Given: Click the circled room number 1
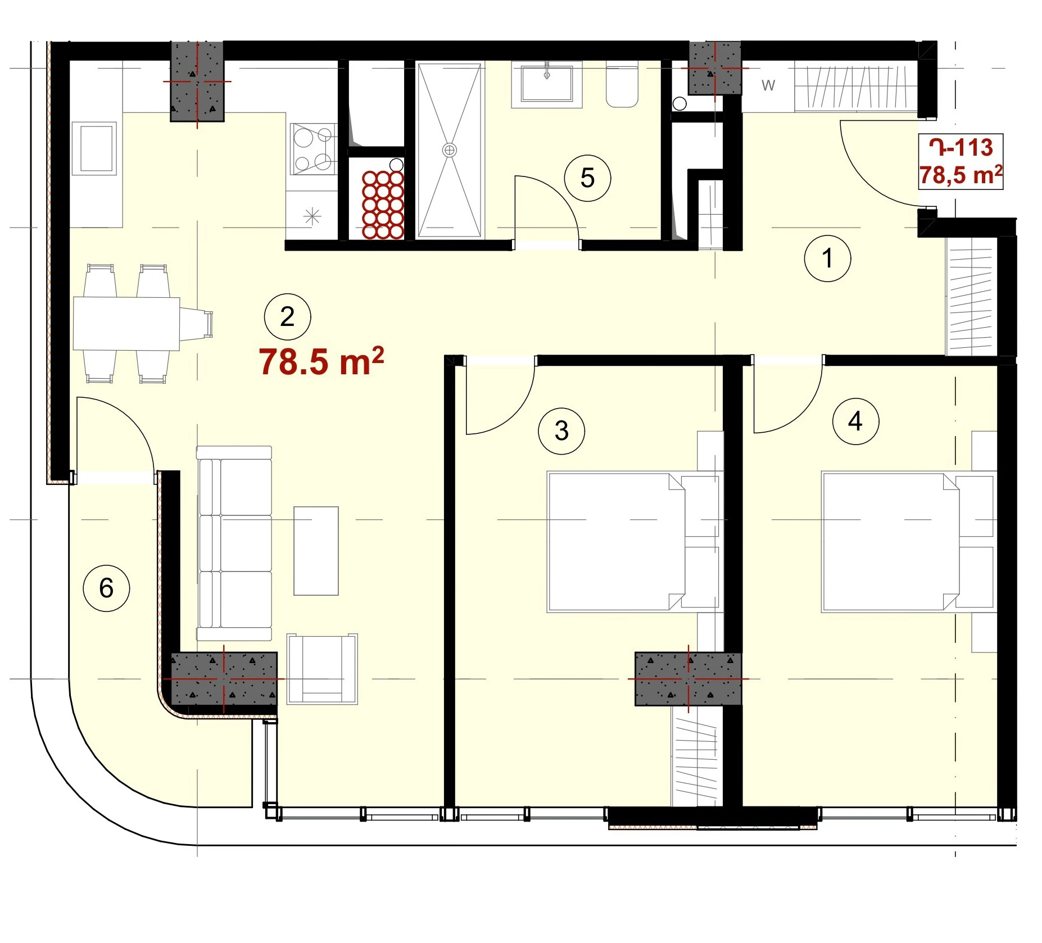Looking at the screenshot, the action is point(827,259).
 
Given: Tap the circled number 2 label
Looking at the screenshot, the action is point(287,317).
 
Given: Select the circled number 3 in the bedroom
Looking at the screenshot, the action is point(561,431).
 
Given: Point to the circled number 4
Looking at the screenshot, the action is point(855,421).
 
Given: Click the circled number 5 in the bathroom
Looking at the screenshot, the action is point(587,178).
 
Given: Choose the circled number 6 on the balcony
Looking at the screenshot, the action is point(106,588).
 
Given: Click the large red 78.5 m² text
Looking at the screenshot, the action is point(321,361).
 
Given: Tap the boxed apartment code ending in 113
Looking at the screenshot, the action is point(961,148).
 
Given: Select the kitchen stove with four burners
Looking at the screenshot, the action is point(314,149).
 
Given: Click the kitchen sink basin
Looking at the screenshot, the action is point(97,148).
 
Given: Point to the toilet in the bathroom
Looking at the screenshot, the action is point(622,87).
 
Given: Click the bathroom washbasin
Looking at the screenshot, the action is point(546,84).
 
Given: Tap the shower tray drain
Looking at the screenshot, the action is point(449,150).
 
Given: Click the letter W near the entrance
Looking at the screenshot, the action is point(768,85).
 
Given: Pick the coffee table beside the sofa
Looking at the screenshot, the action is point(316,551).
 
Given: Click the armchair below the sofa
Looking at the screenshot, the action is point(322,669).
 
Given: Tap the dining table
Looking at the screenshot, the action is point(126,324).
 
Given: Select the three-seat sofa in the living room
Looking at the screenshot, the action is point(234,543).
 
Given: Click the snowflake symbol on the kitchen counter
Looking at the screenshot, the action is point(312,216).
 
